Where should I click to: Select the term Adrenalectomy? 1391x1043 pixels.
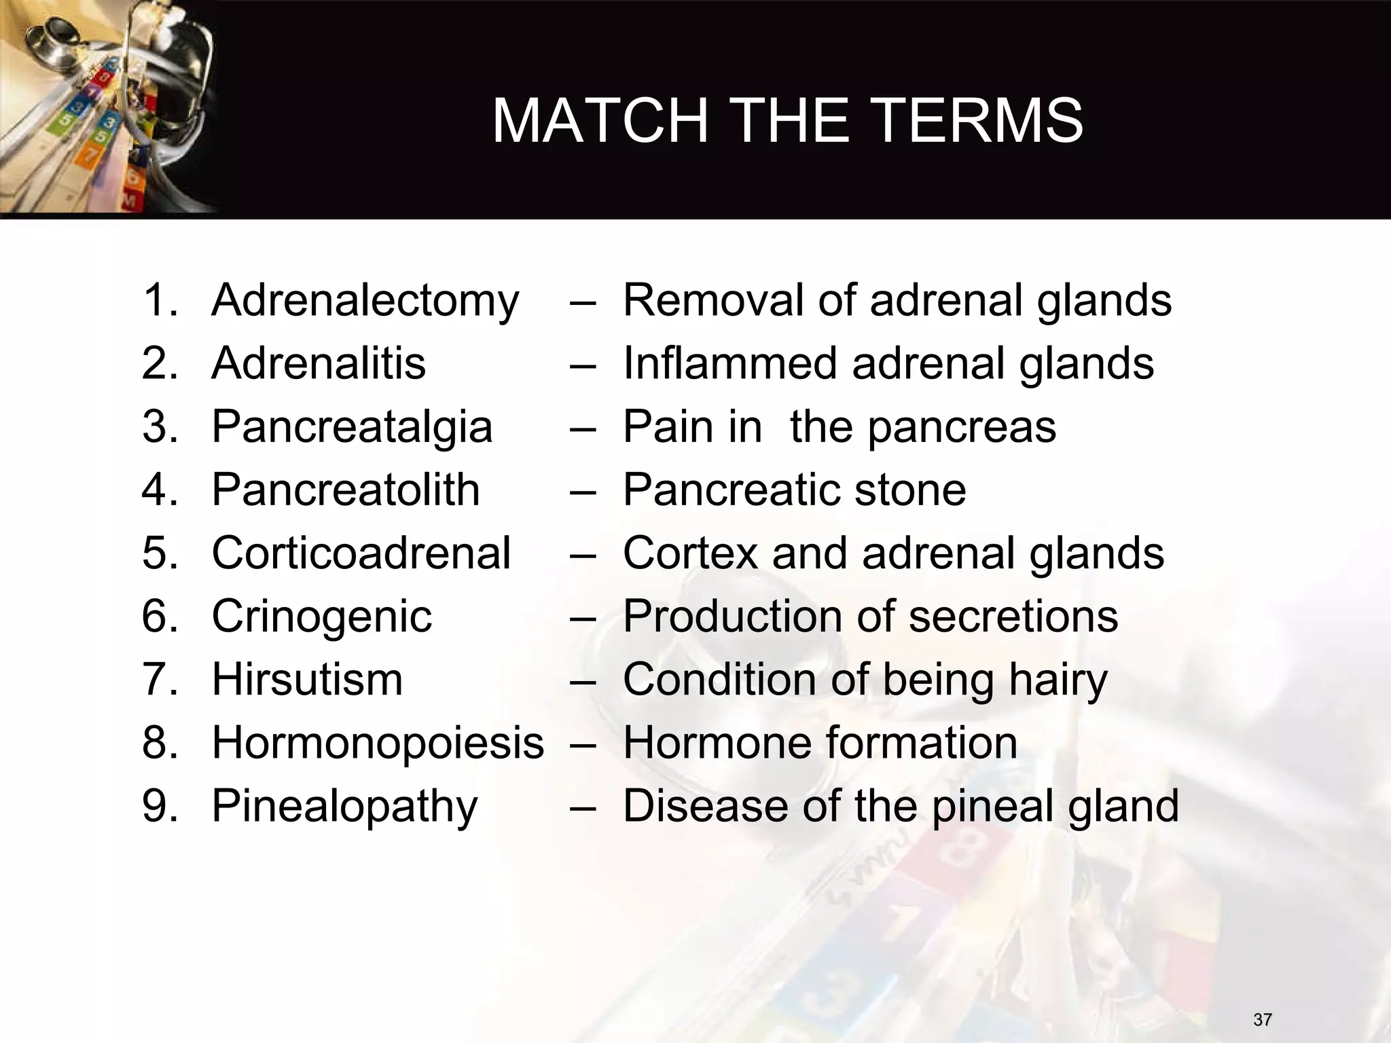[x=365, y=301]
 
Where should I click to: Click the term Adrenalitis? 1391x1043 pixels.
[x=319, y=363]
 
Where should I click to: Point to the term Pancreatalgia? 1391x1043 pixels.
[x=352, y=426]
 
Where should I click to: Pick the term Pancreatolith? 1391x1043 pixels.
[x=346, y=490]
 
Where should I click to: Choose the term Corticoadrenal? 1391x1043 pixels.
[x=361, y=553]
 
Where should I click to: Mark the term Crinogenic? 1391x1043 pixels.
[x=321, y=617]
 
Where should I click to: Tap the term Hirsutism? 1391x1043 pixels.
[x=307, y=679]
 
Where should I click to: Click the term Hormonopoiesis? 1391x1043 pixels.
[x=378, y=743]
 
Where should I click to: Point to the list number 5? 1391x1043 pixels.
[x=159, y=553]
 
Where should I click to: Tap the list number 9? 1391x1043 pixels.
[x=159, y=806]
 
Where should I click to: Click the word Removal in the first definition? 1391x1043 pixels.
[x=712, y=300]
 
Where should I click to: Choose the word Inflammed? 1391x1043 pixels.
[x=729, y=363]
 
